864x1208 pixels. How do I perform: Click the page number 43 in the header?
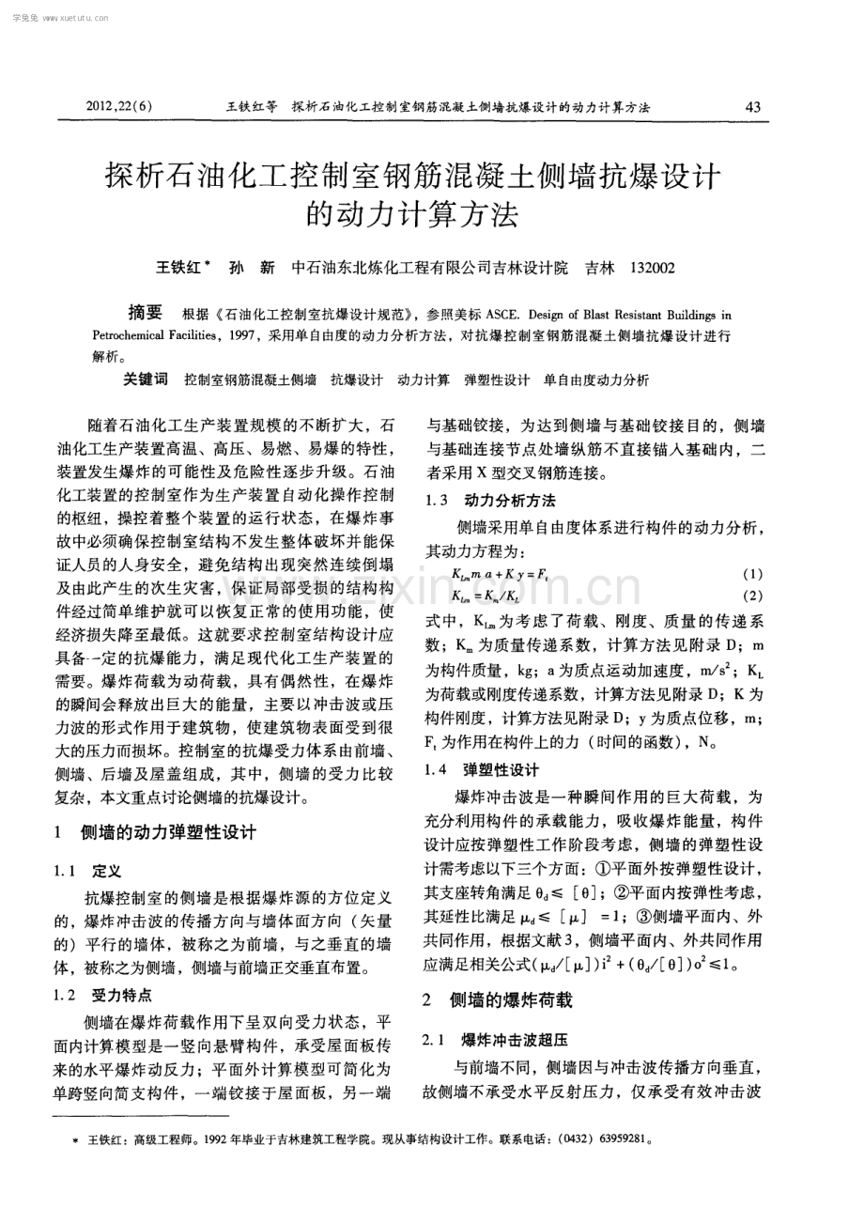pos(752,107)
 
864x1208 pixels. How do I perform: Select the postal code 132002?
pos(653,268)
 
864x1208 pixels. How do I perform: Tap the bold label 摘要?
pos(146,313)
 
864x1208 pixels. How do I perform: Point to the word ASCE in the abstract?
pos(486,316)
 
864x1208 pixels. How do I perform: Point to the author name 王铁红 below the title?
pos(178,268)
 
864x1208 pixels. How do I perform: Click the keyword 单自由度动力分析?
pos(596,380)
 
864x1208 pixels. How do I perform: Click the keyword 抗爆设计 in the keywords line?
pos(356,380)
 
